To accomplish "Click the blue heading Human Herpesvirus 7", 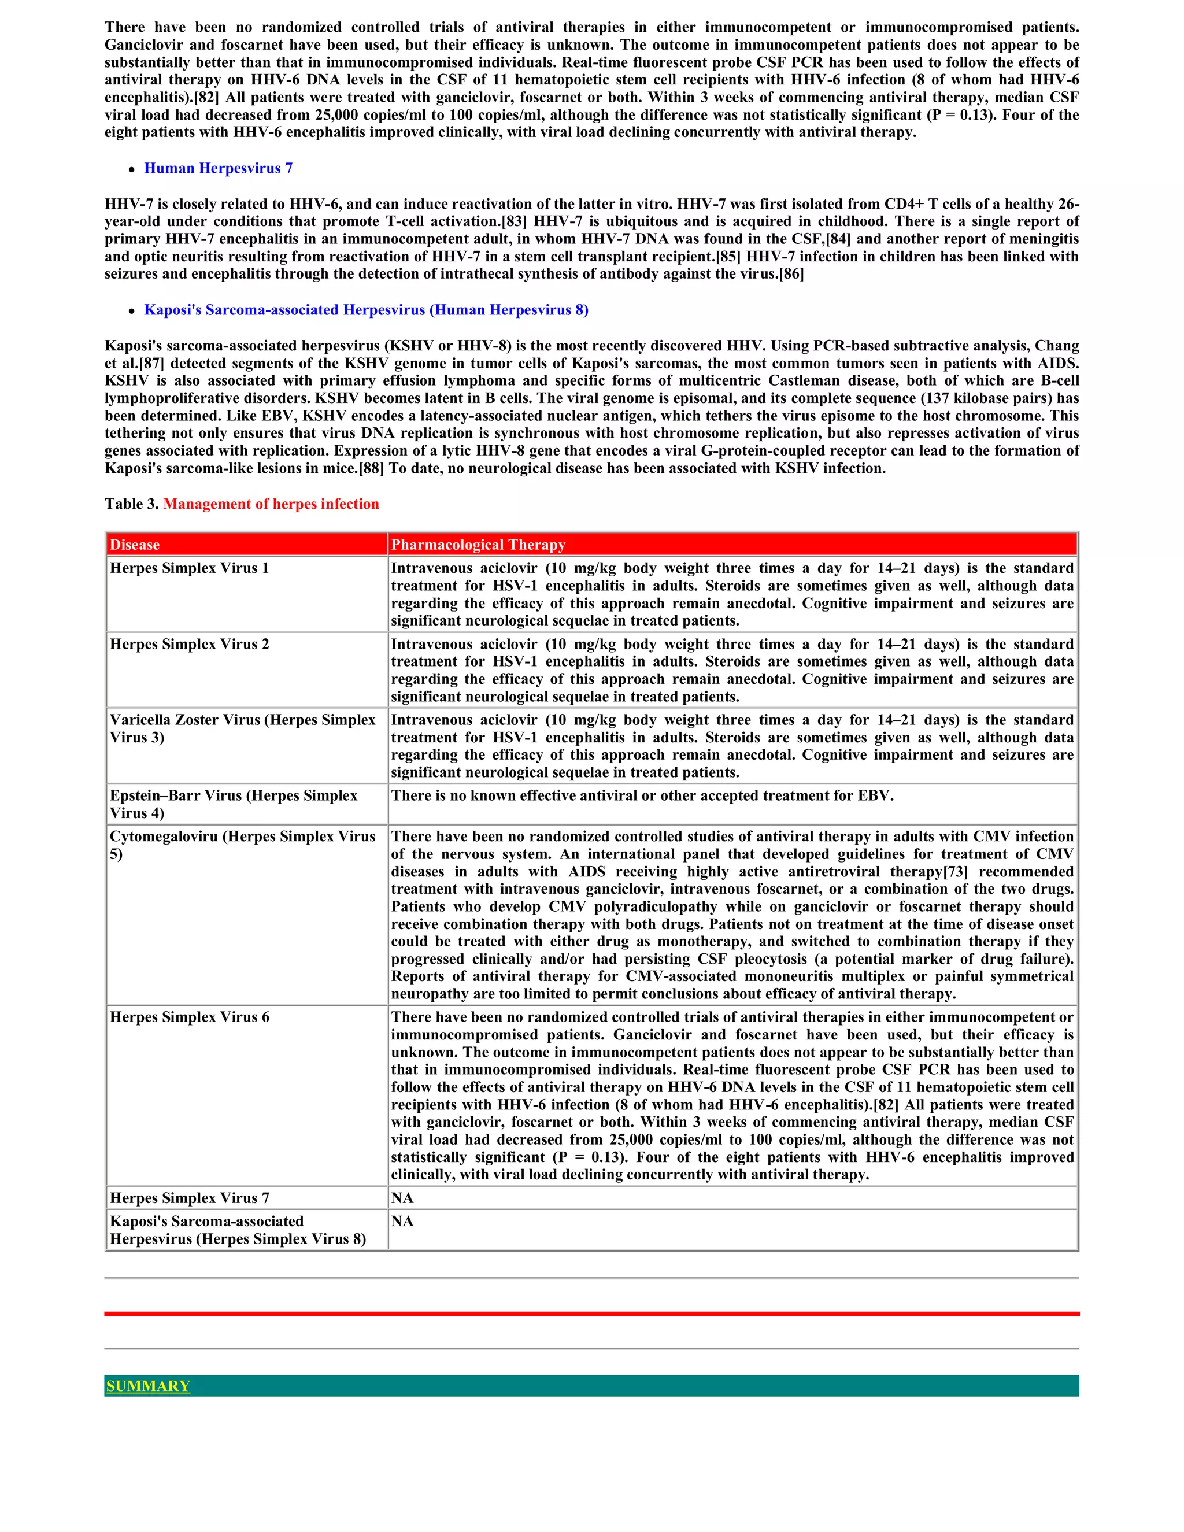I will (218, 168).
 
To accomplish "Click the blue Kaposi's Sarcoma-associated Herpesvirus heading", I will (366, 310).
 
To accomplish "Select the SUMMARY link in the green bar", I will (148, 1386).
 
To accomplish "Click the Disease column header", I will (135, 545).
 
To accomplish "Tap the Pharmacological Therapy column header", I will (478, 545).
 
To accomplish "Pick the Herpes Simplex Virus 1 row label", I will (190, 568).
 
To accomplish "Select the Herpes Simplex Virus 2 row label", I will (190, 644).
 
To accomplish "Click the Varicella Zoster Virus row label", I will (242, 728).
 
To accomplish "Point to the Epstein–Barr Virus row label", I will (234, 804).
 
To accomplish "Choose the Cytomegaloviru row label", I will (242, 845).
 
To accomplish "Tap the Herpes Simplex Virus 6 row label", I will (190, 1017).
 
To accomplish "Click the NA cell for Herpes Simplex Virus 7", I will (402, 1198).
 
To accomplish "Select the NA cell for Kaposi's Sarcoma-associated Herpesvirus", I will (402, 1221).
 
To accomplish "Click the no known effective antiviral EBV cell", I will (642, 795).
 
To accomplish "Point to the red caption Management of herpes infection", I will (271, 504).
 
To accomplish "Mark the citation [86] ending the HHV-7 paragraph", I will (791, 274).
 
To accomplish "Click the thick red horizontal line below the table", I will (591, 1313).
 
